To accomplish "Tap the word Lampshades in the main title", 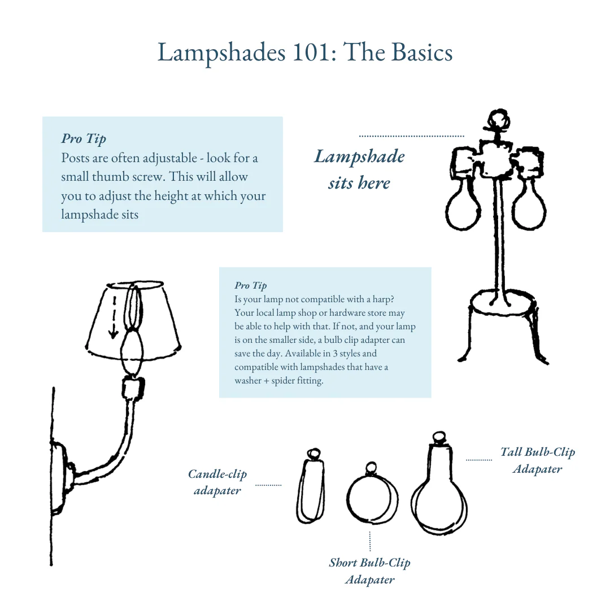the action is [221, 53].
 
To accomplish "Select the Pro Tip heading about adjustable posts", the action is [84, 139].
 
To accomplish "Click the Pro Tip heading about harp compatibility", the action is [251, 286].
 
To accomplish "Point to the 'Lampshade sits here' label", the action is [359, 169].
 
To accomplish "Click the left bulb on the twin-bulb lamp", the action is [463, 206].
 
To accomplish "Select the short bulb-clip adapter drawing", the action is [372, 495].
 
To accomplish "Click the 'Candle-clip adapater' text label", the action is [217, 482].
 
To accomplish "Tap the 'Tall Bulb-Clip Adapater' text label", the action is [538, 460].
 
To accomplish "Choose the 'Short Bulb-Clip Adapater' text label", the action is [369, 571].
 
